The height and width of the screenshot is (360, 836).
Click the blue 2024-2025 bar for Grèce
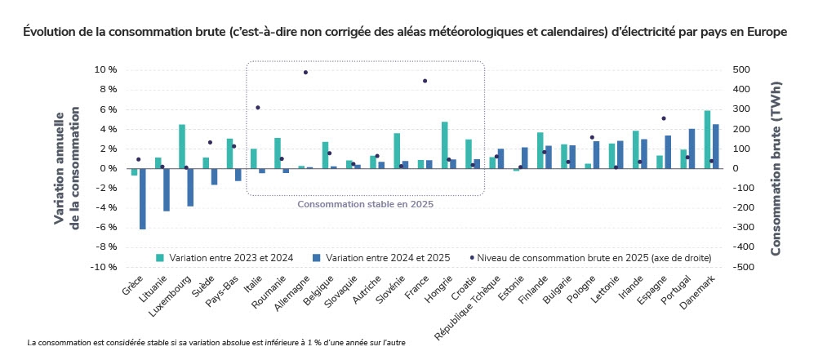[x=142, y=198]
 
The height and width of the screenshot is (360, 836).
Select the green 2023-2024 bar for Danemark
[x=707, y=140]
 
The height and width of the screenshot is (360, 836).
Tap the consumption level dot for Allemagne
[x=305, y=73]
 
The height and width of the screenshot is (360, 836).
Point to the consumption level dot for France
[x=425, y=81]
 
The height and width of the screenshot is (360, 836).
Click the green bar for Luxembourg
[x=182, y=147]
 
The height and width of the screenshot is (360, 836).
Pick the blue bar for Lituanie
[x=166, y=189]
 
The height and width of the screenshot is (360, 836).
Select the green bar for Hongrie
[x=445, y=145]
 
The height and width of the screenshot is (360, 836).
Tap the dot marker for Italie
[x=258, y=108]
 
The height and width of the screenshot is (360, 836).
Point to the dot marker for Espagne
[x=663, y=118]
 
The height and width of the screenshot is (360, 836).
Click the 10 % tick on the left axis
[x=106, y=70]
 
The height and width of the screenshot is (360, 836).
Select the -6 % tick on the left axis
[x=106, y=228]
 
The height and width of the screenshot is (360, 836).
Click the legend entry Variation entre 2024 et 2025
[x=388, y=258]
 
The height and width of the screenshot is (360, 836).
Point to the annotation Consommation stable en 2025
[x=365, y=205]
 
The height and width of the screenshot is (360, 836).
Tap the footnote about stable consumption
[x=216, y=343]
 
